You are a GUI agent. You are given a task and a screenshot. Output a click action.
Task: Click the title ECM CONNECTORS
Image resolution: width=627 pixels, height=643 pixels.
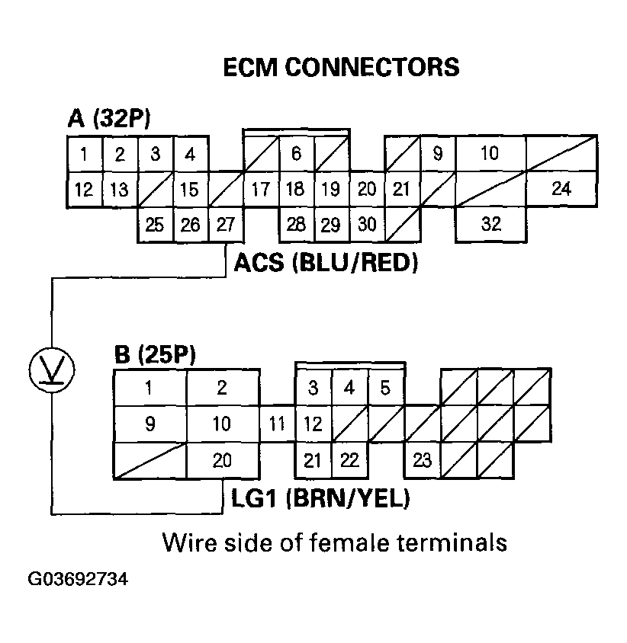[x=341, y=67]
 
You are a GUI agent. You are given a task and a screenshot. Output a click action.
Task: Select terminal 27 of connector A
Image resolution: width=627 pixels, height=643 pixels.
[x=226, y=225]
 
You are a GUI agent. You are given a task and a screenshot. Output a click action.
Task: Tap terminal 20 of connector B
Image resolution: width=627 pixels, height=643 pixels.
[x=221, y=459]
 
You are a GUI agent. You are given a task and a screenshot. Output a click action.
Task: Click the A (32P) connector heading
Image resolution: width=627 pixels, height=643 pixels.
[x=111, y=119]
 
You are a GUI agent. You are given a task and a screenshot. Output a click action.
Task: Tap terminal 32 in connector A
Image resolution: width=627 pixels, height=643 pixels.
[x=491, y=225]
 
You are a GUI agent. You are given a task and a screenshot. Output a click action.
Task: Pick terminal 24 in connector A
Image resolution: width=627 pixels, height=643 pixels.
[x=561, y=189]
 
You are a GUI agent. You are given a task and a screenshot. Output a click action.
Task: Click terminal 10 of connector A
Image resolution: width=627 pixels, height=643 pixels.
[x=490, y=154]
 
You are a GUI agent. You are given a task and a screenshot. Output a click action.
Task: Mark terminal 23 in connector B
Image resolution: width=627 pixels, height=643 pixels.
[x=423, y=459]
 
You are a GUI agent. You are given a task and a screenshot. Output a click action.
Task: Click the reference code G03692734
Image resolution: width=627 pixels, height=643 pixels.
[x=79, y=579]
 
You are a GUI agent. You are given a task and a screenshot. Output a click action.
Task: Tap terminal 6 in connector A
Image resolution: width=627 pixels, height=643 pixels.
[x=296, y=154]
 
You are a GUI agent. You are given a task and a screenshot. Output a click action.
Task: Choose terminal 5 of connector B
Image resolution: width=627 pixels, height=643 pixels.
[x=385, y=389]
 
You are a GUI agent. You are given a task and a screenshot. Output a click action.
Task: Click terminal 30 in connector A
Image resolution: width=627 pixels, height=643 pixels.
[x=367, y=225]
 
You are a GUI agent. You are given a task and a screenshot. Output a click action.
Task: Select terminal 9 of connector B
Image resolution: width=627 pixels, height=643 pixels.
[x=150, y=424]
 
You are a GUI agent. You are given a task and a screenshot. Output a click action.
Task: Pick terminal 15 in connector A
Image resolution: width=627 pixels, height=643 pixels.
[x=190, y=189]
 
